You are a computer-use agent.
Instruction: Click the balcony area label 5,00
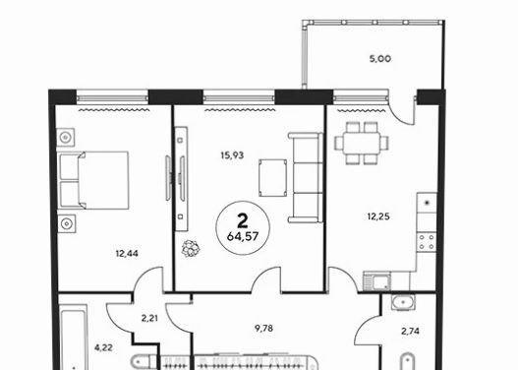pyautogui.click(x=380, y=59)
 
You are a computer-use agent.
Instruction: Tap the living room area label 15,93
pyautogui.click(x=232, y=154)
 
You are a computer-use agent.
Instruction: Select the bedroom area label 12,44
pyautogui.click(x=127, y=254)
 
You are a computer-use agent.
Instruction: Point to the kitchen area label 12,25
pyautogui.click(x=378, y=216)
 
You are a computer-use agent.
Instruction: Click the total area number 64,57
pyautogui.click(x=243, y=236)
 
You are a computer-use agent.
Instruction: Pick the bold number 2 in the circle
pyautogui.click(x=243, y=220)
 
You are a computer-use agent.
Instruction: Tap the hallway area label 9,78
pyautogui.click(x=264, y=329)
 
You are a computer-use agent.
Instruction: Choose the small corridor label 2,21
pyautogui.click(x=149, y=319)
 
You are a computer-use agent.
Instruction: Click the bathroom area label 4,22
pyautogui.click(x=103, y=347)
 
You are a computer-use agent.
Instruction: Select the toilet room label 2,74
pyautogui.click(x=410, y=331)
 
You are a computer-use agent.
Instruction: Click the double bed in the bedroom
pyautogui.click(x=92, y=180)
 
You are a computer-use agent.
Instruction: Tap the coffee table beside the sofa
pyautogui.click(x=273, y=178)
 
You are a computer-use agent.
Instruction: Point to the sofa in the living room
pyautogui.click(x=306, y=177)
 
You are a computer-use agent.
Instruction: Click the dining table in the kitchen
pyautogui.click(x=362, y=143)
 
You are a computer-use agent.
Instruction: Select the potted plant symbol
pyautogui.click(x=191, y=248)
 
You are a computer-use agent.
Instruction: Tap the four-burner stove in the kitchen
pyautogui.click(x=427, y=242)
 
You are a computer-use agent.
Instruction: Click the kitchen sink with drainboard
pyautogui.click(x=376, y=281)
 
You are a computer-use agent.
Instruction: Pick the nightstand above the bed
pyautogui.click(x=66, y=137)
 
